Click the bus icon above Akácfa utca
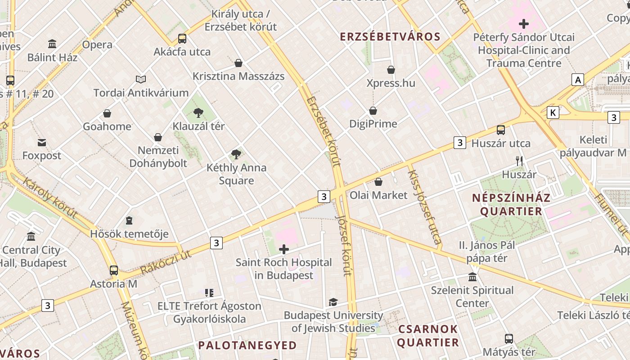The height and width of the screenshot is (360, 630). (x=182, y=39)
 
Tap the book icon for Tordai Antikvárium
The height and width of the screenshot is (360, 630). (x=141, y=80)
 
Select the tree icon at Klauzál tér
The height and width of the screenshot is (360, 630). (x=198, y=113)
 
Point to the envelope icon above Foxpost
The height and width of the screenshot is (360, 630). (x=42, y=143)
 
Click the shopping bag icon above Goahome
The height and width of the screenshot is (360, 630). (x=107, y=113)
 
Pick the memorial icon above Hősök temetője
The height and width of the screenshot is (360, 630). (x=129, y=221)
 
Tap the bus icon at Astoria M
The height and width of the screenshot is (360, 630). (x=114, y=270)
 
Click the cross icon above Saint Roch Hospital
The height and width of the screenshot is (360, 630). (x=284, y=249)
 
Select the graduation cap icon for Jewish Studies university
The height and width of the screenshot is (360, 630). (x=333, y=302)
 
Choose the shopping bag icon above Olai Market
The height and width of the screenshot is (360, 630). (x=378, y=182)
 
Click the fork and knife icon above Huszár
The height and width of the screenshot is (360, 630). (x=519, y=161)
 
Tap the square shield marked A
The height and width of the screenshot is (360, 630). (x=578, y=80)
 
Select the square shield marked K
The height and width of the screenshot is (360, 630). (x=553, y=112)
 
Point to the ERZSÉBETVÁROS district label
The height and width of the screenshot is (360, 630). (x=390, y=37)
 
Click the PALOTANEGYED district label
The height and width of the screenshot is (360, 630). (x=247, y=346)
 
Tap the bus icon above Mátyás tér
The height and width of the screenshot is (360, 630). (x=509, y=339)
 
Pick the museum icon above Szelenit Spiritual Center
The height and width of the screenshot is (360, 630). (x=472, y=277)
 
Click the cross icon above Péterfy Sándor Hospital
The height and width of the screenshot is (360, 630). (x=524, y=23)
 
